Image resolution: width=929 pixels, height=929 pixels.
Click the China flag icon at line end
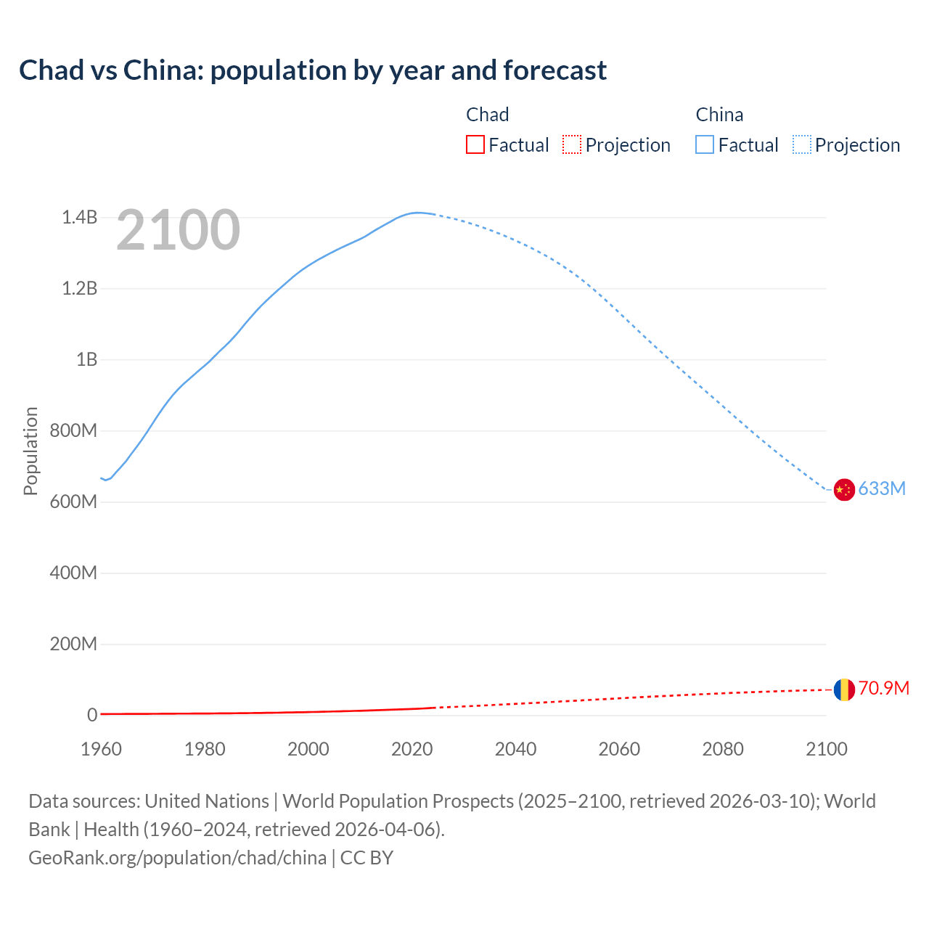click(843, 490)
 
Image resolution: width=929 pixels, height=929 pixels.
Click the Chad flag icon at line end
click(843, 689)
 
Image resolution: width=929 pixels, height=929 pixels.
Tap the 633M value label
click(882, 488)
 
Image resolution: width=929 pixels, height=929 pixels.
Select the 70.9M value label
click(883, 688)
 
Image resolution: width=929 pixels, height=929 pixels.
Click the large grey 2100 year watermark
click(178, 230)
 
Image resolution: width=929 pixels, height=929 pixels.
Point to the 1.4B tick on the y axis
click(79, 217)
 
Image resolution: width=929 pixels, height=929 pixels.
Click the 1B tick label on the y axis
click(86, 359)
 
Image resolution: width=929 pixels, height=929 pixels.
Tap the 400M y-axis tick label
click(73, 573)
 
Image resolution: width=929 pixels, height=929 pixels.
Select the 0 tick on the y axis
click(92, 715)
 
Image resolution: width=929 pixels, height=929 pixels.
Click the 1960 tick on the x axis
click(101, 748)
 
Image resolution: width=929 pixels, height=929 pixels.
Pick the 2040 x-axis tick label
click(515, 748)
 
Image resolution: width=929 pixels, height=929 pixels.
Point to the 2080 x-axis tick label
click(723, 748)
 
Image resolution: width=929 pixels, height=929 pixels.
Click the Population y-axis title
click(30, 451)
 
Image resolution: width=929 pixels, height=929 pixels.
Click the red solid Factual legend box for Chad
click(475, 144)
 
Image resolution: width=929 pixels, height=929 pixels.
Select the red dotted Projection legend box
click(572, 144)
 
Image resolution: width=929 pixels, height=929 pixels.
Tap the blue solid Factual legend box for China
click(705, 144)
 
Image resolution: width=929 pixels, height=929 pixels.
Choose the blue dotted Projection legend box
click(802, 144)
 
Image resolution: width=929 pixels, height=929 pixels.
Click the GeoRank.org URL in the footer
click(178, 857)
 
